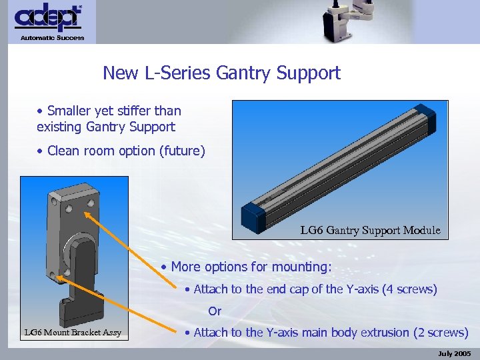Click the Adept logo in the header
tap(48, 18)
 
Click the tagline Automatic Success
tap(52, 38)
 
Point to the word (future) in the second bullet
tap(181, 151)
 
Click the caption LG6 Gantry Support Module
tap(370, 231)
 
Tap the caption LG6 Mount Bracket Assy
tap(73, 332)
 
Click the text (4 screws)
tap(409, 289)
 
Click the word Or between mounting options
tap(215, 311)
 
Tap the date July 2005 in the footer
tap(455, 353)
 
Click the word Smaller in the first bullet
tap(70, 111)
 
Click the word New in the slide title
tap(118, 73)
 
